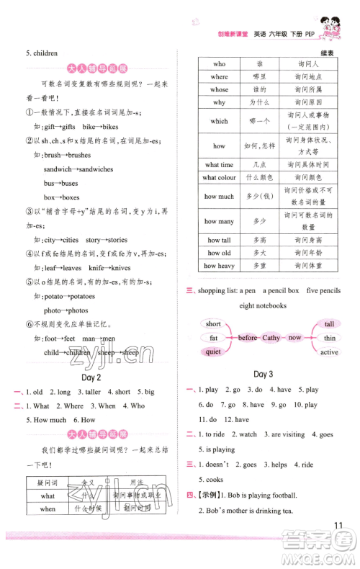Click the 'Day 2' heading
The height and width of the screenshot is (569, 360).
[x=89, y=377]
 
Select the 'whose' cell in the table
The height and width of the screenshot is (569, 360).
[x=219, y=89]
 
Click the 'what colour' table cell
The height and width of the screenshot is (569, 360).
[x=219, y=177]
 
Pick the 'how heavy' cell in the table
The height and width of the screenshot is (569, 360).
[x=219, y=265]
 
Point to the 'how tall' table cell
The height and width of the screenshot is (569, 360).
[x=219, y=240]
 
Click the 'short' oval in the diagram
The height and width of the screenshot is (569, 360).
[x=213, y=324]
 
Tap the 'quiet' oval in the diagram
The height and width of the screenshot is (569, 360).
[x=213, y=351]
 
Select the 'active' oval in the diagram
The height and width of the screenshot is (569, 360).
[x=329, y=351]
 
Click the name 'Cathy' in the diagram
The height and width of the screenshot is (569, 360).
[x=271, y=337]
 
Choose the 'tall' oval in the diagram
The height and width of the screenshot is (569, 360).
[x=329, y=324]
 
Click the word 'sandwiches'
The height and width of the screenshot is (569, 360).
[x=93, y=169]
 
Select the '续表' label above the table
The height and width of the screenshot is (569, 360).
[x=328, y=53]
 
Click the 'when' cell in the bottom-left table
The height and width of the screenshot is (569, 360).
[x=48, y=509]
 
